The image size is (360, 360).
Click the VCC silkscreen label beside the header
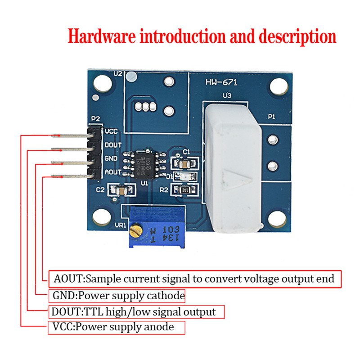click(x=111, y=131)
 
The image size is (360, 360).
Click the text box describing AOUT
click(x=194, y=279)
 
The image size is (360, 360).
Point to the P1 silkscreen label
click(x=271, y=117)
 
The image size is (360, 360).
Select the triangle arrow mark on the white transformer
click(x=243, y=178)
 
